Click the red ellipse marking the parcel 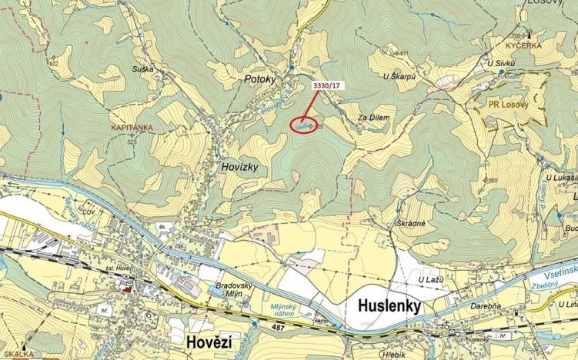[305, 123]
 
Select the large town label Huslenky [389, 305]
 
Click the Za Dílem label [374, 118]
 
